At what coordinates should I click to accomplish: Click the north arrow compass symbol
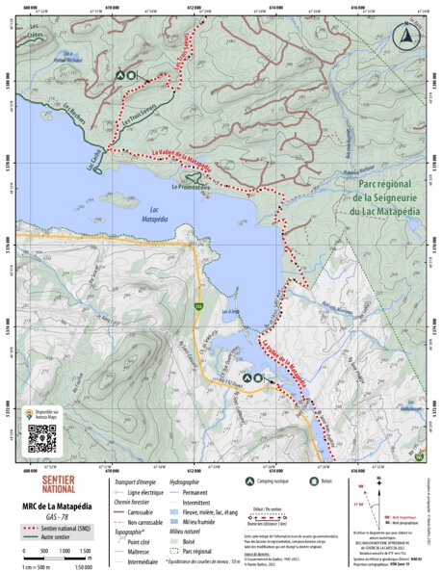coord(408,35)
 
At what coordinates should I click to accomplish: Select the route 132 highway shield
coord(199,306)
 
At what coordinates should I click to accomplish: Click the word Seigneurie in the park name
coord(371,197)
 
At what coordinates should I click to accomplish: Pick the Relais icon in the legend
coord(313,481)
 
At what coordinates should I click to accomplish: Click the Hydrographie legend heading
coord(184,481)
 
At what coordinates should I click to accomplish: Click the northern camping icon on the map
coord(120,74)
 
